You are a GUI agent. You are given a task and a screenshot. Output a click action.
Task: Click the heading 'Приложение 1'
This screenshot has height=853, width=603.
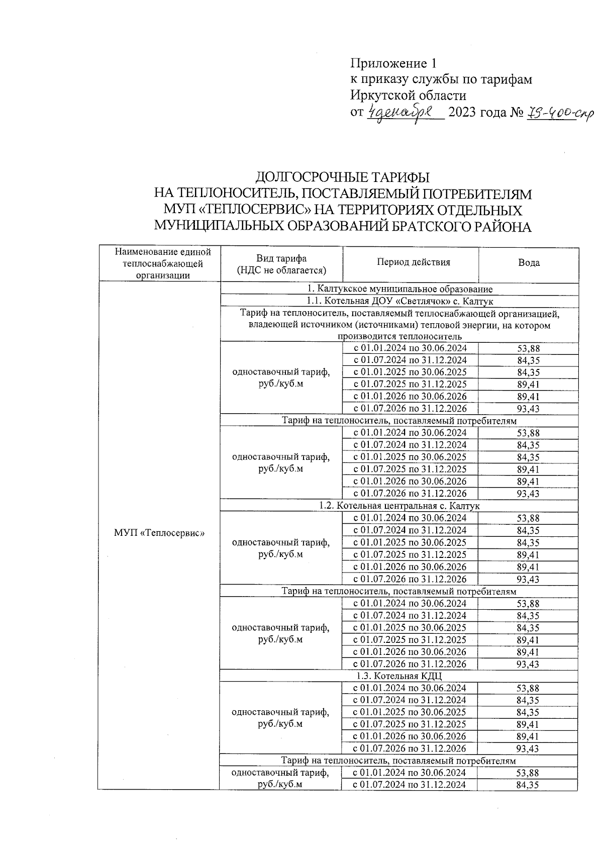393,63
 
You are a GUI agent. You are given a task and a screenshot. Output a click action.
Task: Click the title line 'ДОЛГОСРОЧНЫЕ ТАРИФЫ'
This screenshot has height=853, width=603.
343,177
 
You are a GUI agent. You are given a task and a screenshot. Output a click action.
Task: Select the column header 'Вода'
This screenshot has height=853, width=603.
529,262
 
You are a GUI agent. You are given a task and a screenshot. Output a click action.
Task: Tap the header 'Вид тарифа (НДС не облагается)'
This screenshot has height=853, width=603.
281,264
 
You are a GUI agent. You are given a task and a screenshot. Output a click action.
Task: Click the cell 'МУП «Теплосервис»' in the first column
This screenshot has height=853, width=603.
159,533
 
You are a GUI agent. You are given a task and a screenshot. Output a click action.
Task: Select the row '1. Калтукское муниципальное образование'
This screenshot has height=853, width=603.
399,289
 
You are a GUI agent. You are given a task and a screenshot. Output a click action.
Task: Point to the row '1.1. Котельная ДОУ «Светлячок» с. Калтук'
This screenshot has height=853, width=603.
399,301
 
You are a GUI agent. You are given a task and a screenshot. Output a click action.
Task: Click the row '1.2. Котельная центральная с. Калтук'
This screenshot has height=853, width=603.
399,506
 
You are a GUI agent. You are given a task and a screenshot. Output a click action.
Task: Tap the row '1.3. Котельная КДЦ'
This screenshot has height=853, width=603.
399,676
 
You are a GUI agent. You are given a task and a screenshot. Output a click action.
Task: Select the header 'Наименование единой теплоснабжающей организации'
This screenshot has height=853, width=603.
159,263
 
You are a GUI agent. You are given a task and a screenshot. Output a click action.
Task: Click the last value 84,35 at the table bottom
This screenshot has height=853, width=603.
528,785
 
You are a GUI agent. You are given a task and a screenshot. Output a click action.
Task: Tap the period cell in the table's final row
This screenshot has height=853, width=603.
410,785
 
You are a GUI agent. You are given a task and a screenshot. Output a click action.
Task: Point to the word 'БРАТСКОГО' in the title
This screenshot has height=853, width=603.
431,227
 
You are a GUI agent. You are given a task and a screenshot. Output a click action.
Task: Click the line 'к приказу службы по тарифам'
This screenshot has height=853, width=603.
441,79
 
